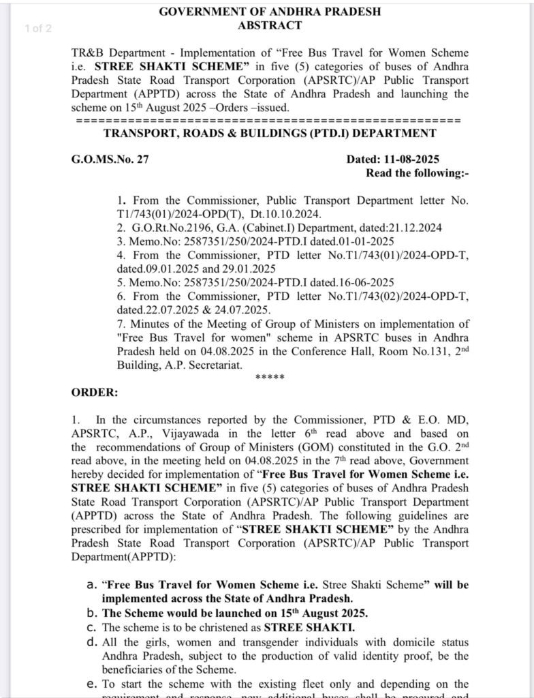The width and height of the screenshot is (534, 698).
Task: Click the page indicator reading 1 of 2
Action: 37,28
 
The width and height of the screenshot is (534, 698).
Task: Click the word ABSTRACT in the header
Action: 269,25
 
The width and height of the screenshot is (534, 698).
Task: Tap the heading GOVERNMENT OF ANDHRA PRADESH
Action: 270,12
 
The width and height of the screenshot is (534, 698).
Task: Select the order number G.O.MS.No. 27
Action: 110,160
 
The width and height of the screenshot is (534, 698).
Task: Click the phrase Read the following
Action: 417,172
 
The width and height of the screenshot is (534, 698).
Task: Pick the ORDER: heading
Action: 95,393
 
